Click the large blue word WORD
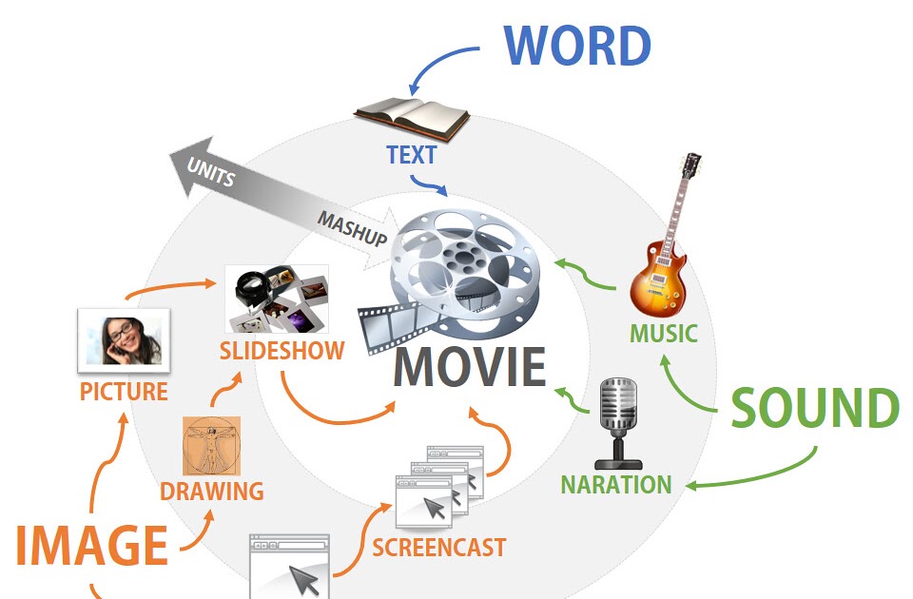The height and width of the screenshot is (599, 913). click(577, 45)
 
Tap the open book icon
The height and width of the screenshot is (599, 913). click(411, 114)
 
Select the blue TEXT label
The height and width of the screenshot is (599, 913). click(411, 155)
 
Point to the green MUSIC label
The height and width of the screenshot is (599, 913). click(663, 334)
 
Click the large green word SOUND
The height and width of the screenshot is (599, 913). click(815, 409)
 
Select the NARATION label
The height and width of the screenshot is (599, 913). click(615, 484)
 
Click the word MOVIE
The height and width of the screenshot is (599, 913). click(470, 367)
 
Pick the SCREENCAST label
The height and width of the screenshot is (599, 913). click(438, 547)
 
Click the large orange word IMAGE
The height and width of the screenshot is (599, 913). click(91, 546)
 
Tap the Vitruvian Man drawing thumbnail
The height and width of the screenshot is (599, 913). click(211, 446)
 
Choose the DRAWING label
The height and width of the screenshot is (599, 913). click(211, 492)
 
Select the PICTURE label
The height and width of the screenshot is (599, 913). click(124, 392)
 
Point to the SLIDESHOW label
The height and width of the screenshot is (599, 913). click(282, 350)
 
